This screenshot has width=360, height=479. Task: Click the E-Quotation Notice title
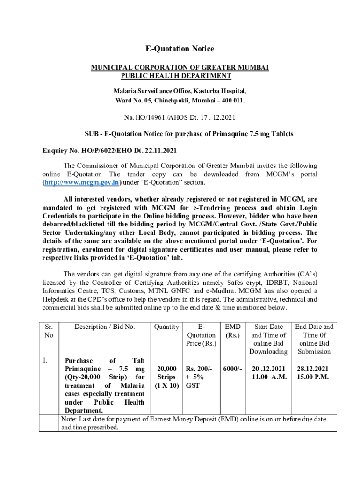click(x=180, y=49)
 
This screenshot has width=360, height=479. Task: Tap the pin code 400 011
click(x=232, y=100)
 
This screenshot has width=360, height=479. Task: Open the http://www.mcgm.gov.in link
click(x=82, y=182)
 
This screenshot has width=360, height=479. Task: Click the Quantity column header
click(x=166, y=327)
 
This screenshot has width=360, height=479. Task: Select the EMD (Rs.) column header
click(x=232, y=331)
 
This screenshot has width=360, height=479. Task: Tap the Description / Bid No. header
click(x=105, y=327)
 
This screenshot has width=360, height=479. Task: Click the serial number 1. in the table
click(x=45, y=361)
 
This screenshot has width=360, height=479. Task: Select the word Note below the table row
click(x=69, y=420)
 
